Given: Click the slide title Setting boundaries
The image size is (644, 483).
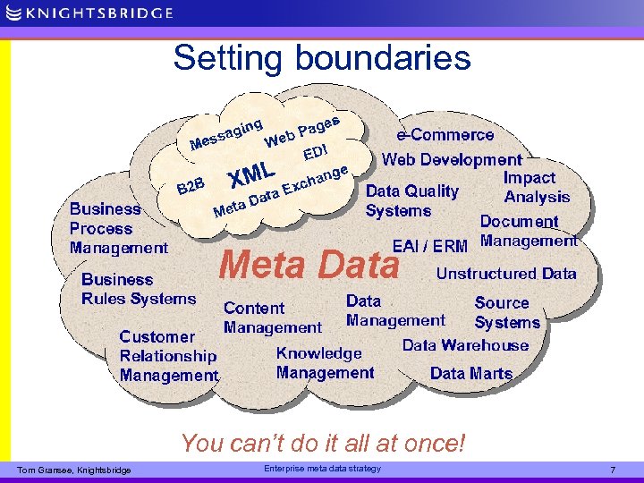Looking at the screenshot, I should pos(322,57).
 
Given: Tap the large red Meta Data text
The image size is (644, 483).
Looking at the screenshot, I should pos(309,265).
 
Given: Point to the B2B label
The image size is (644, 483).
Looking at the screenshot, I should pos(191,186).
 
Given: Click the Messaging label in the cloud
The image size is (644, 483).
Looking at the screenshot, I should pos(226,133).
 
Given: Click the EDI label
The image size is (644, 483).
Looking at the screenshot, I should pos(318,151).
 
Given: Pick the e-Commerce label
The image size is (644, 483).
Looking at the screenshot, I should pos(445,135).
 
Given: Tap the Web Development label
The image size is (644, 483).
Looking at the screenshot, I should pos(452,159).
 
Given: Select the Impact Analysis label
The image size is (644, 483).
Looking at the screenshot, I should pos(535,187).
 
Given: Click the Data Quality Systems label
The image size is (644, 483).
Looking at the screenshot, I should pos(411,200).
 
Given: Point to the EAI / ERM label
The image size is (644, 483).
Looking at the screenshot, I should pos(430,246).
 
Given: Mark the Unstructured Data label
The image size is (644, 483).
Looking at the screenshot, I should pos(506,274).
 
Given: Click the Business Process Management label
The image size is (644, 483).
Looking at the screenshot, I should pos(118,228).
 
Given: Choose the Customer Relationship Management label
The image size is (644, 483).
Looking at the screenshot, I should pos(168,356).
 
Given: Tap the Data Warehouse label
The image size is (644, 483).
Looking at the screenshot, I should pos(465,345).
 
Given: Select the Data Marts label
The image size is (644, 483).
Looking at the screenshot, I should pos(471,374).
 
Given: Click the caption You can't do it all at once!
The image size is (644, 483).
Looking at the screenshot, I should pos(323,442).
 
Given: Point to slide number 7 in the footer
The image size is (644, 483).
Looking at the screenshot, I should pos(613,470).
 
